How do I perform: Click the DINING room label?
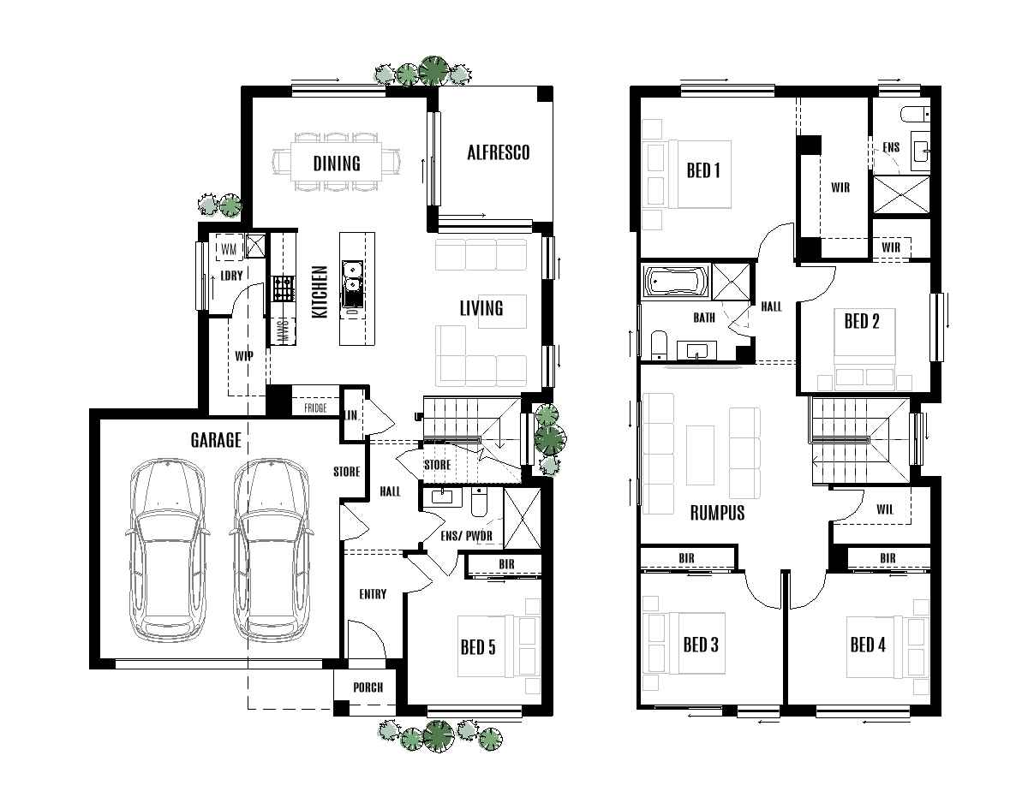pyautogui.click(x=336, y=163)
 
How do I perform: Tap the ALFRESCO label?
pyautogui.click(x=498, y=152)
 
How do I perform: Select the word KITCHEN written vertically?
pyautogui.click(x=320, y=292)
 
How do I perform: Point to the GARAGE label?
pyautogui.click(x=216, y=440)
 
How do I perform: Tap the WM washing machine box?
pyautogui.click(x=229, y=248)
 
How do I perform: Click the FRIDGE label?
pyautogui.click(x=315, y=409)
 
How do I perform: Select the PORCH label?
pyautogui.click(x=368, y=687)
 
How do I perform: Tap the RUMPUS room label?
pyautogui.click(x=717, y=513)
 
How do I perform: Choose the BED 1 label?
pyautogui.click(x=703, y=170)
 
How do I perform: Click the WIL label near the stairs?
pyautogui.click(x=885, y=509)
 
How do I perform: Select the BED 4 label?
pyautogui.click(x=867, y=644)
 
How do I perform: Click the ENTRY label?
pyautogui.click(x=373, y=594)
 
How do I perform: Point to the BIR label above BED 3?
pyautogui.click(x=686, y=558)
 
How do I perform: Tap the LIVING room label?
pyautogui.click(x=481, y=307)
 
